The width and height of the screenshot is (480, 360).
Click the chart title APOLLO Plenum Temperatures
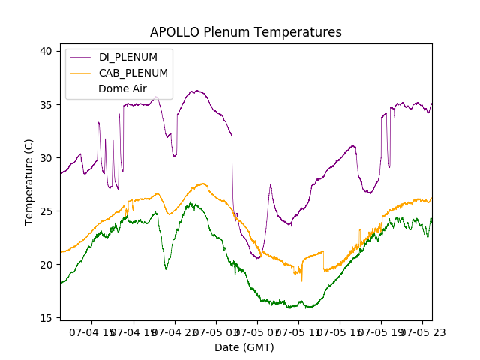pyautogui.click(x=246, y=32)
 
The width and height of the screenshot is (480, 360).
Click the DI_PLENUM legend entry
pyautogui.click(x=128, y=57)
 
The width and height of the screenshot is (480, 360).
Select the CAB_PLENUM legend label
pyautogui.click(x=133, y=73)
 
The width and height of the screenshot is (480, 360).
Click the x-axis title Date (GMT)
pyautogui.click(x=244, y=347)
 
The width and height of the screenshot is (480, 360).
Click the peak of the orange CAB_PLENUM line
pyautogui.click(x=203, y=184)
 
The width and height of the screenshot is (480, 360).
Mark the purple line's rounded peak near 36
pyautogui.click(x=196, y=91)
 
